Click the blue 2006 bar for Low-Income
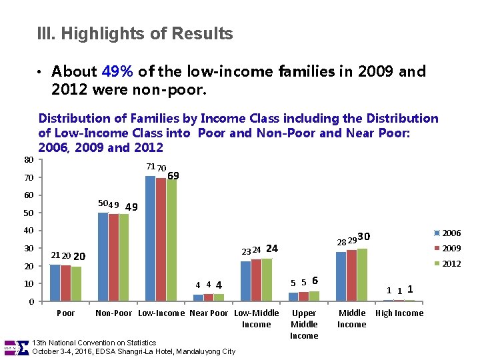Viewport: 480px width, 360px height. pos(150,238)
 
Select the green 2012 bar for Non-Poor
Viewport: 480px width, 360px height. pos(123,257)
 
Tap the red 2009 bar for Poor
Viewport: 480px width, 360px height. pos(65,283)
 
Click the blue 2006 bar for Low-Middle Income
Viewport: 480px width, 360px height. pos(245,281)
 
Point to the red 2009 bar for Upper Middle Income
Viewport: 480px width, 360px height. pos(303,297)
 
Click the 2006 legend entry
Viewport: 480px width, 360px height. pos(446,233)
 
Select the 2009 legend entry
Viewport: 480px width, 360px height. pos(446,248)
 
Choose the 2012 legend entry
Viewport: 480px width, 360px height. pos(446,263)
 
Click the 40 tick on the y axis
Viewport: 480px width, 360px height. pos(29,231)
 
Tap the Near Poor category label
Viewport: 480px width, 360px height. pos(209,313)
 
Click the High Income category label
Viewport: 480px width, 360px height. pos(399,313)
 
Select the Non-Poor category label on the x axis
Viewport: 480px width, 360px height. pos(114,313)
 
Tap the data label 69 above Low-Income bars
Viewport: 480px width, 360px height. pos(173,175)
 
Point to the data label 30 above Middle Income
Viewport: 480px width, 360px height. pos(363,236)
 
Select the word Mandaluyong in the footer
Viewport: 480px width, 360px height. pos(198,351)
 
